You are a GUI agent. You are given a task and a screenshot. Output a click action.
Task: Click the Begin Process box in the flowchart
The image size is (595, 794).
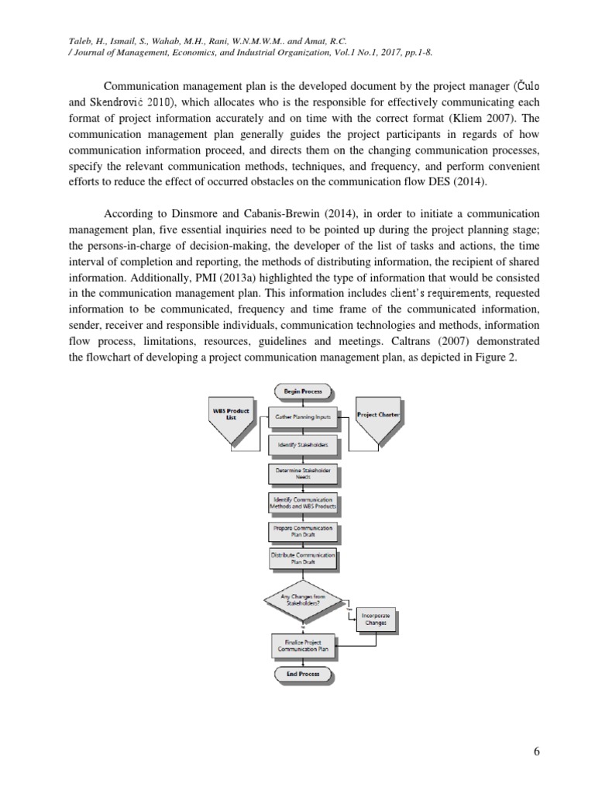point(302,392)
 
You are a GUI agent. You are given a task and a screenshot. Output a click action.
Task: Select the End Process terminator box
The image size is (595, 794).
point(302,675)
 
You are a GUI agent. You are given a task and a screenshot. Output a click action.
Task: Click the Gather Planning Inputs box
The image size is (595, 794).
point(302,416)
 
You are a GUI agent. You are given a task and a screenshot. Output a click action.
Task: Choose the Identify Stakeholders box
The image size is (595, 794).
point(302,446)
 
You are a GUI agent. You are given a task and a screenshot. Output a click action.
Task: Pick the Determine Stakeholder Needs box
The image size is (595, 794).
point(302,474)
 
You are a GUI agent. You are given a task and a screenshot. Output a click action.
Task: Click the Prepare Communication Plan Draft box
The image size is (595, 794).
point(302,531)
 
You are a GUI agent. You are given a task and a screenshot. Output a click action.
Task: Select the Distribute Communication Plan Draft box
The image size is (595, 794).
point(302,559)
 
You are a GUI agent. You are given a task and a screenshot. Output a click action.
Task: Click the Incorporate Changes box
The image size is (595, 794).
point(376,619)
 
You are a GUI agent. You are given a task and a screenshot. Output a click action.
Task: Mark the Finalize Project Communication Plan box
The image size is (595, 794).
point(302,646)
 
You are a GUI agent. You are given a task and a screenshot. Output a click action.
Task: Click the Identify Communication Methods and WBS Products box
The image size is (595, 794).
point(302,502)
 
